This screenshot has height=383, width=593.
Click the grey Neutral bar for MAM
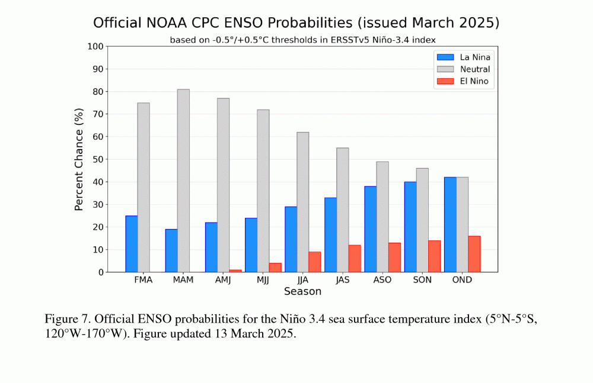tap(183, 181)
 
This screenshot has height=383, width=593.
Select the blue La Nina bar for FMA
tap(132, 244)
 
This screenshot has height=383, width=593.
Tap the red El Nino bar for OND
tap(474, 254)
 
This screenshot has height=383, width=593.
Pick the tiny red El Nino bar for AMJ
tap(235, 271)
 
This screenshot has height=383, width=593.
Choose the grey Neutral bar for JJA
tap(302, 202)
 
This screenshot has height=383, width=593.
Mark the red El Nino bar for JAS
tap(355, 258)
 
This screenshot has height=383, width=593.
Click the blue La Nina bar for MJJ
tap(251, 245)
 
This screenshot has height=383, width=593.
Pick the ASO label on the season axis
tap(382, 280)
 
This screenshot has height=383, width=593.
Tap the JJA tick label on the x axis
tap(302, 280)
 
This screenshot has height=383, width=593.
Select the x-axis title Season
tap(302, 291)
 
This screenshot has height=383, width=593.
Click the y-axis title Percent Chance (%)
tap(79, 159)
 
